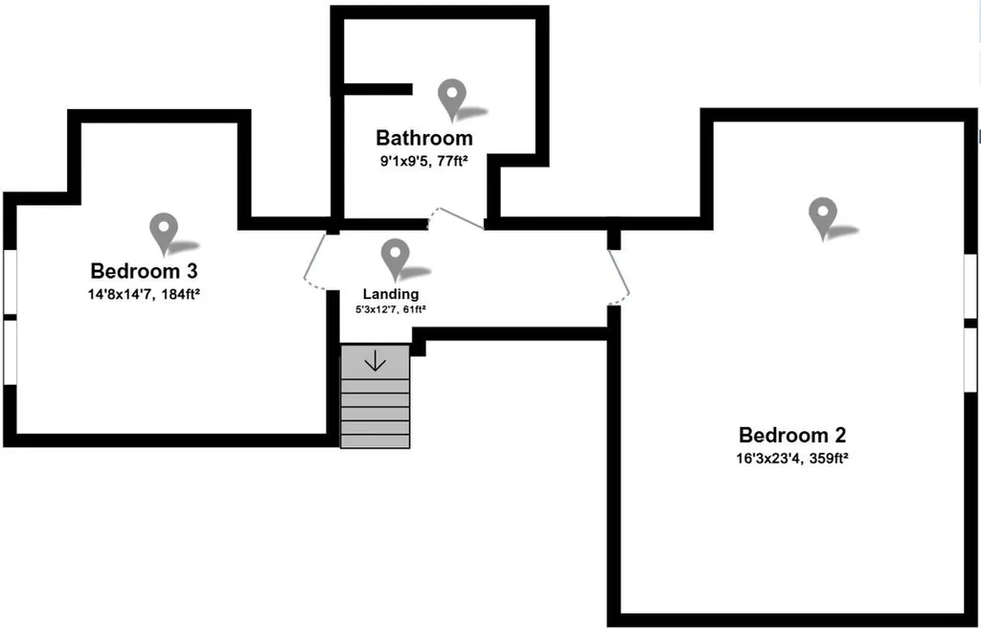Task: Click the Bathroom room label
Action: point(424,138)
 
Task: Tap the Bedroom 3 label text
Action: point(144,271)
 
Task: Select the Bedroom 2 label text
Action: point(792,435)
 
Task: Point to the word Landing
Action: point(391,294)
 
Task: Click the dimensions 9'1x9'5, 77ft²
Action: point(424,161)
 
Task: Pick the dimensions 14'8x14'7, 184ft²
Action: point(144,294)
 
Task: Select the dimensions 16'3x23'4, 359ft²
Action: point(792,459)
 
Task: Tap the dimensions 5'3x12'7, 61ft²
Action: point(391,309)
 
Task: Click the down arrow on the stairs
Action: point(375,361)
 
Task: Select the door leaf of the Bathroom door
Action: point(462,218)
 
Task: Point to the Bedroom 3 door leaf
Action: point(314,257)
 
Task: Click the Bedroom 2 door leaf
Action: point(619,271)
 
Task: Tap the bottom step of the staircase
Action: point(375,442)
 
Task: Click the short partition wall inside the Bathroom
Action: point(377,89)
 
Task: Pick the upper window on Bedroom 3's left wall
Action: point(10,282)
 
